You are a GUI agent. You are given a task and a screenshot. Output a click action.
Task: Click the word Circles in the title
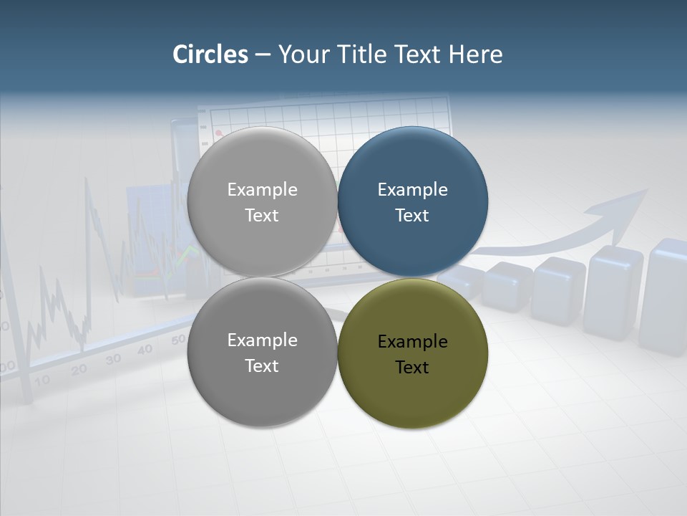[x=210, y=54]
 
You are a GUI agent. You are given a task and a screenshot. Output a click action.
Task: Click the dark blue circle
[x=413, y=201]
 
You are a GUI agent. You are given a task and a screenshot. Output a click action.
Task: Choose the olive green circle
[x=413, y=353]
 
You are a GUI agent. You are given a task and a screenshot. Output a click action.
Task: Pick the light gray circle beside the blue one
[x=262, y=201]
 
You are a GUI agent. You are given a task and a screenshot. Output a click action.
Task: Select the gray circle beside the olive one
[x=262, y=353]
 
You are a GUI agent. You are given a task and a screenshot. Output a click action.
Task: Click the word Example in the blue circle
[x=412, y=190]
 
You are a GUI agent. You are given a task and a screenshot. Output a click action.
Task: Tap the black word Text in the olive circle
[x=412, y=368]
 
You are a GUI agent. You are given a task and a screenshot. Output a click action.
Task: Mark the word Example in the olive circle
[x=412, y=342]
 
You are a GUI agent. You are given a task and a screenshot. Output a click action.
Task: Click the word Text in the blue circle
[x=412, y=216]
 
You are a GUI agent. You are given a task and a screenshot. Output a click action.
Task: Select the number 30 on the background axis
[x=113, y=358]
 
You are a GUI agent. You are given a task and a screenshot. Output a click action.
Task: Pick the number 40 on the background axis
[x=145, y=349]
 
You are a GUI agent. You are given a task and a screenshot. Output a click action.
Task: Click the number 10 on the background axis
[x=42, y=380]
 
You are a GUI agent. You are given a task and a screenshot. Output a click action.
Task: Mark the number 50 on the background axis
[x=178, y=339]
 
